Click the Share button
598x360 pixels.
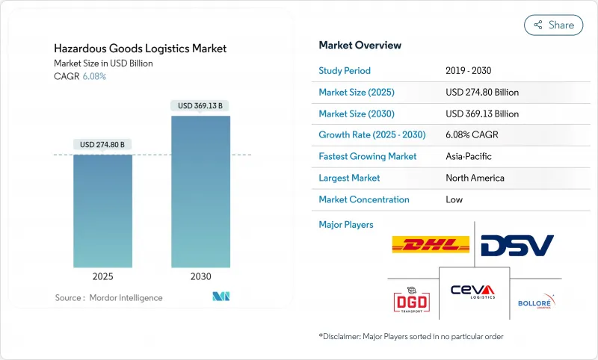(553, 25)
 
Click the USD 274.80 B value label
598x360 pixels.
(102, 144)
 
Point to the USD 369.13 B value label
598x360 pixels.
(200, 105)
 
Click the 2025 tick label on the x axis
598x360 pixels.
(102, 276)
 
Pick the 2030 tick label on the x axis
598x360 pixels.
(200, 276)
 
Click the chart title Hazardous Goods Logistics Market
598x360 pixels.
(141, 49)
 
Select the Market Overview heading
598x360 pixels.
(360, 45)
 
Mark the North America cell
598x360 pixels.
(475, 178)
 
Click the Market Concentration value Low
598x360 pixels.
(454, 199)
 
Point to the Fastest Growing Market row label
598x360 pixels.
(368, 157)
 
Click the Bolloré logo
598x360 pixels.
(537, 302)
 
